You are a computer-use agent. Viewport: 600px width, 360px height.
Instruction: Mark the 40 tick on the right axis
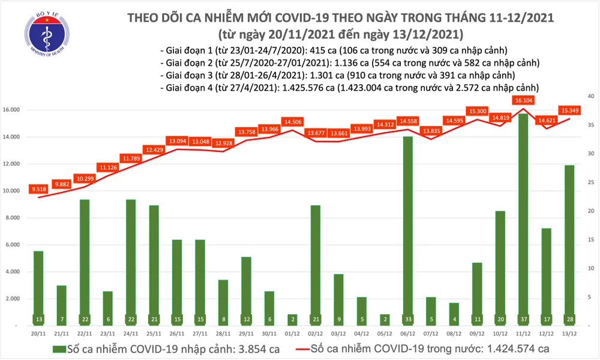coord(590,96)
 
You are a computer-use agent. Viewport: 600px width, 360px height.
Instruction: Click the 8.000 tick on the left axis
coord(22,218)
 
